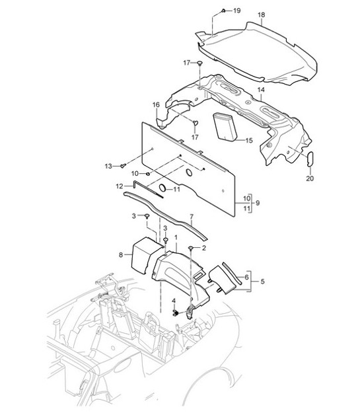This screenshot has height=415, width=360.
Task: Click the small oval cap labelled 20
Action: (312, 160)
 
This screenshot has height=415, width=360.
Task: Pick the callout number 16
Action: (157, 105)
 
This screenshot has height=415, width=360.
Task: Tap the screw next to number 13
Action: (124, 166)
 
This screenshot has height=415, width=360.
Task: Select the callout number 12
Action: (120, 187)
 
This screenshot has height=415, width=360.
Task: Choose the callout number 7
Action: (191, 217)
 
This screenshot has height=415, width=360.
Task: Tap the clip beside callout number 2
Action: (191, 247)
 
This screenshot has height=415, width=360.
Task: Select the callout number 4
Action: (174, 301)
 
